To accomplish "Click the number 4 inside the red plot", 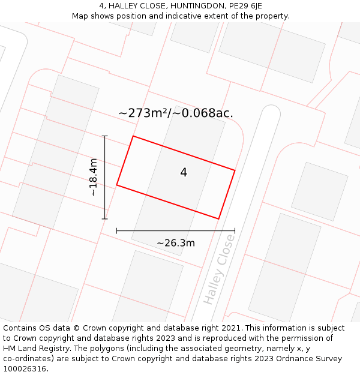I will pyautogui.click(x=184, y=173).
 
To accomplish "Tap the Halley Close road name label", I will pyautogui.click(x=219, y=269).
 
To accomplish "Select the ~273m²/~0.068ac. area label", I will pyautogui.click(x=176, y=113).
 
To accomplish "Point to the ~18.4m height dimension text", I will pyautogui.click(x=94, y=177).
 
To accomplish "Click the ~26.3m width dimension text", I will pyautogui.click(x=176, y=243).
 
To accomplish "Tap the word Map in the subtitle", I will pyautogui.click(x=80, y=16).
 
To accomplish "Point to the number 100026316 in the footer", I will pyautogui.click(x=23, y=369).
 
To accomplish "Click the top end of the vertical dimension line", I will pyautogui.click(x=105, y=136).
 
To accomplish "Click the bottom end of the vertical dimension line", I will pyautogui.click(x=105, y=218).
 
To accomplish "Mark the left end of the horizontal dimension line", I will pyautogui.click(x=116, y=230).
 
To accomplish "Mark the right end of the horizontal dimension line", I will pyautogui.click(x=235, y=230).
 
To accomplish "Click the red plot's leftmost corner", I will pyautogui.click(x=116, y=185).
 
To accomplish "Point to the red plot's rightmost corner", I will pyautogui.click(x=235, y=170).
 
